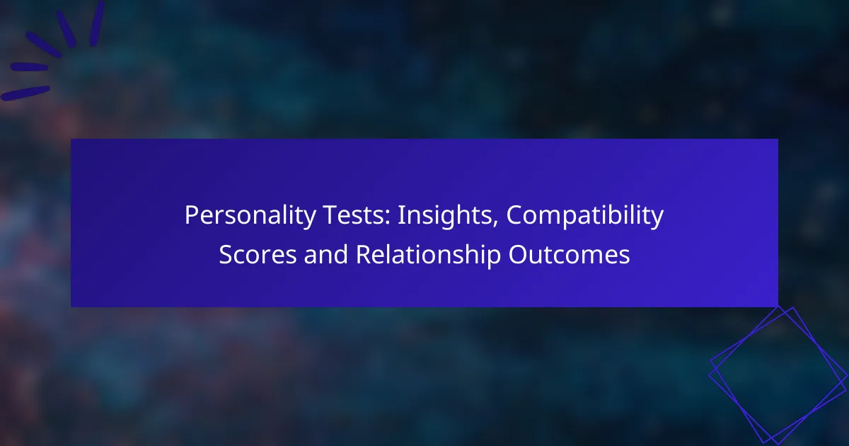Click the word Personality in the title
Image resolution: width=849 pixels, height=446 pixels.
tap(250, 216)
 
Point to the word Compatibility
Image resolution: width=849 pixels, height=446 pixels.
tap(585, 216)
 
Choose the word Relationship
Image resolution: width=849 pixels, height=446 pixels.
tap(428, 256)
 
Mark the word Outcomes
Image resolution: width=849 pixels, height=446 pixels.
tap(570, 254)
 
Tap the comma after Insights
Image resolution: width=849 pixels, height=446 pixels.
tap(495, 224)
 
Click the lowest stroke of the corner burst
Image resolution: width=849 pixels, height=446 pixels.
tap(25, 93)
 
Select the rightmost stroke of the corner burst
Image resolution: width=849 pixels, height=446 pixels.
tap(97, 23)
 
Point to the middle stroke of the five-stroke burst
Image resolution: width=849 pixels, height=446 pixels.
tap(44, 45)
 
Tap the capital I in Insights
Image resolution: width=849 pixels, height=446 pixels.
tap(400, 215)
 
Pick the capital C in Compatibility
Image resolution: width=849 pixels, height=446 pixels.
tap(515, 215)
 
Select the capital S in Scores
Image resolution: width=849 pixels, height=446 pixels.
tap(226, 254)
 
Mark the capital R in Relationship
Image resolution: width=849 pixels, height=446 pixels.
tap(363, 254)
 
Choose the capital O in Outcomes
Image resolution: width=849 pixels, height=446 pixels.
tap(518, 254)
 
